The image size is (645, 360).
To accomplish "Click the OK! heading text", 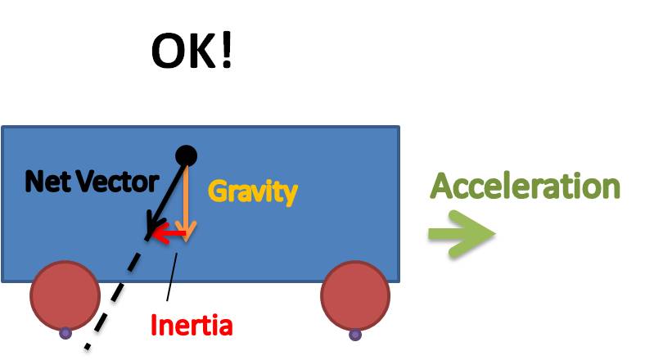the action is pyautogui.click(x=192, y=51).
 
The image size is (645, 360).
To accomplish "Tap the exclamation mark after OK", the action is pyautogui.click(x=227, y=51).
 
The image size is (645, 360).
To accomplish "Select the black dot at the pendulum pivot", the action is pyautogui.click(x=187, y=156).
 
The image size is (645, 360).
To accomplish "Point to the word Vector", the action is pyautogui.click(x=119, y=182).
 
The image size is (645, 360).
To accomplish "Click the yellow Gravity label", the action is pyautogui.click(x=253, y=192).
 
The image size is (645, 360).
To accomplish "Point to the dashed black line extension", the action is pyautogui.click(x=117, y=294).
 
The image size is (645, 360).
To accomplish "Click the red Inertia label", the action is pyautogui.click(x=192, y=325).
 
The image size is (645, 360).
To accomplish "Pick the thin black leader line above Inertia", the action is pyautogui.click(x=172, y=277).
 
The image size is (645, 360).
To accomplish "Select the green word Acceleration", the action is pyautogui.click(x=525, y=187).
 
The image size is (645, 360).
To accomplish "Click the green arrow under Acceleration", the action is pyautogui.click(x=462, y=234).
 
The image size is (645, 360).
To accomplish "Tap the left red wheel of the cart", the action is pyautogui.click(x=65, y=295).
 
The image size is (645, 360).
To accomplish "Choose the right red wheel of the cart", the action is pyautogui.click(x=355, y=295).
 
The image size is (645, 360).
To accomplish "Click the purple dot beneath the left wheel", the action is pyautogui.click(x=65, y=333).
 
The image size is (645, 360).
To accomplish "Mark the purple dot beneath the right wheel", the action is pyautogui.click(x=355, y=335).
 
